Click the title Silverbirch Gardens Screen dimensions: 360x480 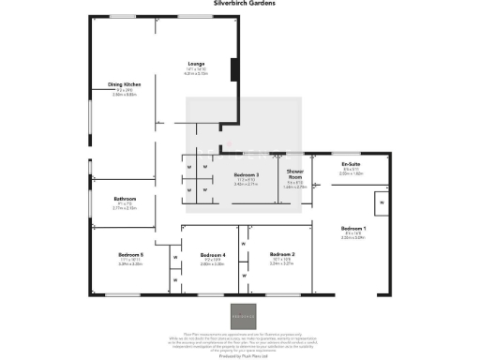(239, 4)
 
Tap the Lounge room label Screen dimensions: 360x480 (196, 64)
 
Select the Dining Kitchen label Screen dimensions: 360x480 (125, 84)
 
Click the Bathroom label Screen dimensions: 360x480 (125, 199)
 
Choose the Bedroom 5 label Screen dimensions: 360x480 (130, 255)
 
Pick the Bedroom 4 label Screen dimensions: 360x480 (213, 255)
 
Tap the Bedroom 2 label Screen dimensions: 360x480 (282, 255)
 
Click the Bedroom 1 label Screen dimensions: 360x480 (353, 229)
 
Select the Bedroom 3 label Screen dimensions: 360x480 (246, 174)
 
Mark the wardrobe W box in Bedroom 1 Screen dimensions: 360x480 (381, 202)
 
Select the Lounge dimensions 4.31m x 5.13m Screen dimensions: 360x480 (196, 73)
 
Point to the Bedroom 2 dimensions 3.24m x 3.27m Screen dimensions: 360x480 (282, 264)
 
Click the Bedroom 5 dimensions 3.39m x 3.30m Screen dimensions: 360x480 (130, 264)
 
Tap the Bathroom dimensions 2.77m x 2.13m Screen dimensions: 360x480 (125, 208)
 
